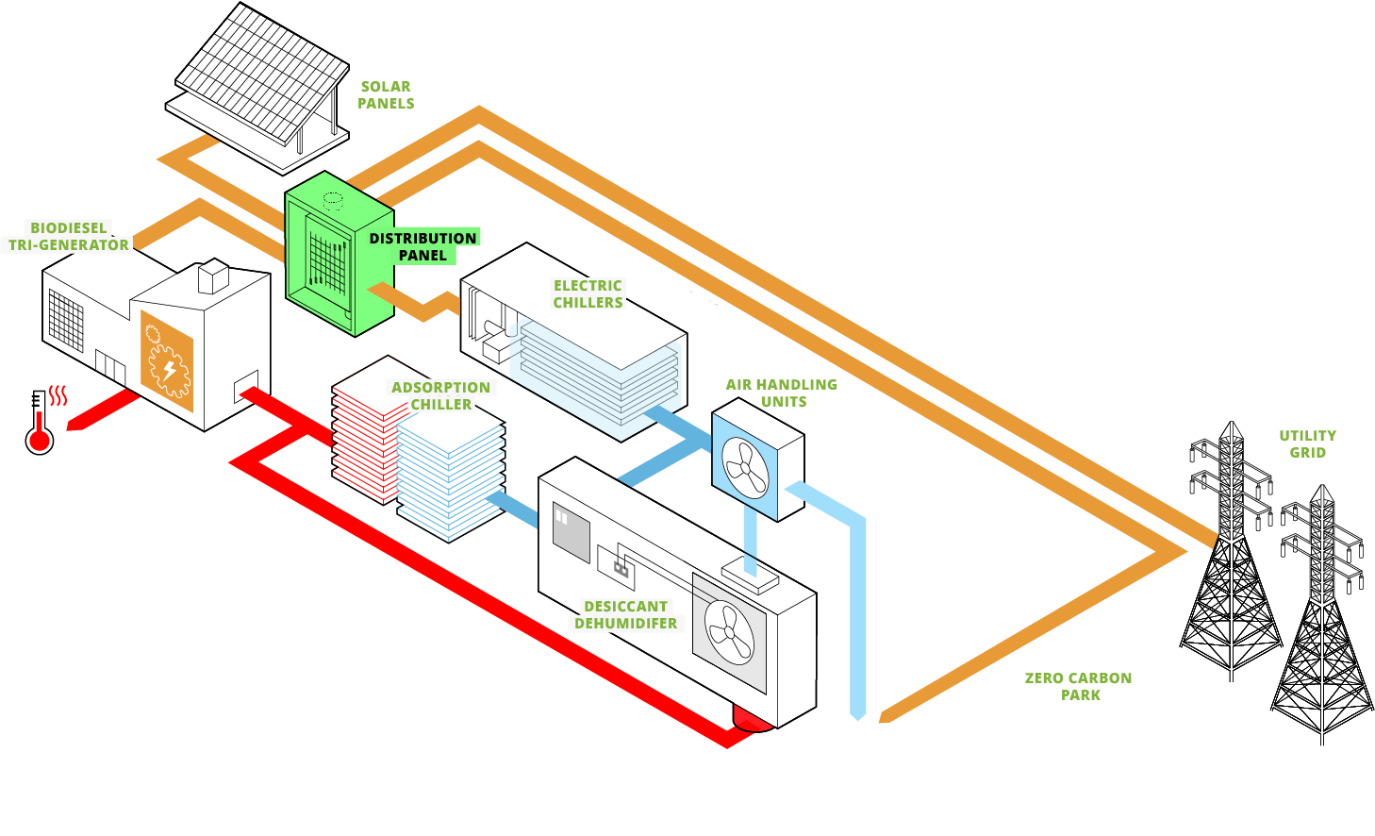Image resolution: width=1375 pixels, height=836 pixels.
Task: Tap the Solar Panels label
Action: (386, 95)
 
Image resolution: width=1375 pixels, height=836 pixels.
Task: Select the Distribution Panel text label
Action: (422, 247)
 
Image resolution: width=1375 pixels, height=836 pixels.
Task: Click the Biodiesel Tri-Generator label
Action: (69, 237)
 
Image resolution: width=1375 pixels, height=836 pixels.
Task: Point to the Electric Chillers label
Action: (588, 294)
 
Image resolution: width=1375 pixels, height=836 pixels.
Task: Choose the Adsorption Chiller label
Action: (440, 396)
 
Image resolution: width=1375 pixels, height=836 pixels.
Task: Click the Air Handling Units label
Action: (782, 393)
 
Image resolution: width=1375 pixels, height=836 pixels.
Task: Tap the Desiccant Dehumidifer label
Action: (625, 615)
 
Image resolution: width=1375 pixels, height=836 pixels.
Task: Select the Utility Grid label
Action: (1307, 444)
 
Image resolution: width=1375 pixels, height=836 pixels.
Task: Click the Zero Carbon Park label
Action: (1079, 687)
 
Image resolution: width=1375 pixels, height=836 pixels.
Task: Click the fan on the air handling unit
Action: (745, 468)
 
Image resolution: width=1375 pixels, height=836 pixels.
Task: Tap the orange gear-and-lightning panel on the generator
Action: (167, 361)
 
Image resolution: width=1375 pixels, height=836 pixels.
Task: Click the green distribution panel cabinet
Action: (339, 254)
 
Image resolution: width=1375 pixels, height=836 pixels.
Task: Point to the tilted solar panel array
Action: (262, 73)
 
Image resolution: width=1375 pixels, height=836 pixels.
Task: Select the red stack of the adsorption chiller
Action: (363, 439)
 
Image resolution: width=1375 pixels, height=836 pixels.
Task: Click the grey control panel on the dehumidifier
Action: (571, 532)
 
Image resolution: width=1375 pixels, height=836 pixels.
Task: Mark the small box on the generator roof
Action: (214, 276)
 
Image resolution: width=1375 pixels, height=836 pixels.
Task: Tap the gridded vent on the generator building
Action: (66, 320)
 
